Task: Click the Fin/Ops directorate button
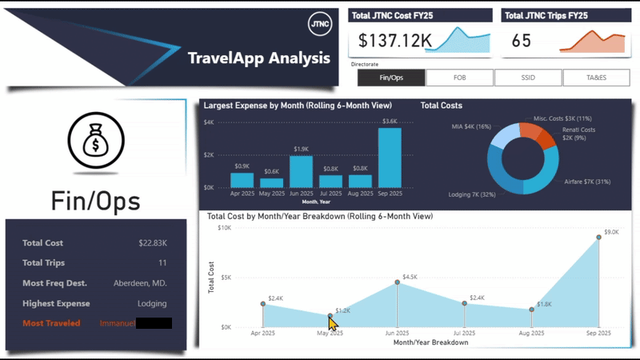pyautogui.click(x=391, y=78)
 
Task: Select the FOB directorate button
pyautogui.click(x=460, y=78)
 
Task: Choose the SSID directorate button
pyautogui.click(x=528, y=78)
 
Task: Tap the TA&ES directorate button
pyautogui.click(x=596, y=78)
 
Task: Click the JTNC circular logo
pyautogui.click(x=319, y=23)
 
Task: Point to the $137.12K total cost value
pyautogui.click(x=395, y=40)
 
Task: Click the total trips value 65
pyautogui.click(x=521, y=40)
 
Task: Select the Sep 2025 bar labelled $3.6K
pyautogui.click(x=390, y=158)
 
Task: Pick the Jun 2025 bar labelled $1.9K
pyautogui.click(x=301, y=171)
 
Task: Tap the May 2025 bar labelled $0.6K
pyautogui.click(x=271, y=182)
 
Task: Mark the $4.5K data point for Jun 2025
pyautogui.click(x=397, y=282)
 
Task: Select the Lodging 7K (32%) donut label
pyautogui.click(x=472, y=194)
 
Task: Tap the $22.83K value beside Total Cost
pyautogui.click(x=152, y=243)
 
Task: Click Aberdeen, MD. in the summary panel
pyautogui.click(x=141, y=283)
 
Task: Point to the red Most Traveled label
pyautogui.click(x=51, y=323)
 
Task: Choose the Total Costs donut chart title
pyautogui.click(x=442, y=106)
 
